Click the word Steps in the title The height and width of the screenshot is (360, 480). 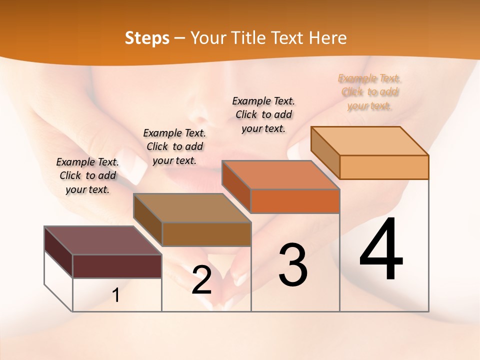[146, 38]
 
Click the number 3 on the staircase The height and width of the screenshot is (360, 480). [292, 264]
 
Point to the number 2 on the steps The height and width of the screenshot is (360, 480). [201, 280]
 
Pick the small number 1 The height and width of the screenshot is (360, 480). [116, 295]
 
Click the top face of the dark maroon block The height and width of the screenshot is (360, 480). [102, 240]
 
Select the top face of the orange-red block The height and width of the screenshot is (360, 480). [280, 175]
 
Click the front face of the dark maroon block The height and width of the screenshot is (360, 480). [117, 266]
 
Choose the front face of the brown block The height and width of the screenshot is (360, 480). [206, 234]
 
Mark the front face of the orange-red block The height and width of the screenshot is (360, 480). [295, 201]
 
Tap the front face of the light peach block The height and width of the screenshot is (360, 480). [384, 167]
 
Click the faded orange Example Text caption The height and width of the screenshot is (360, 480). [369, 92]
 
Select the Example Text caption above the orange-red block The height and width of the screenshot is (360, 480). [263, 114]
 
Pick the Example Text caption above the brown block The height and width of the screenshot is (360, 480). [174, 146]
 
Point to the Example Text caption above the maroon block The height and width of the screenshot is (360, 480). [87, 175]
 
